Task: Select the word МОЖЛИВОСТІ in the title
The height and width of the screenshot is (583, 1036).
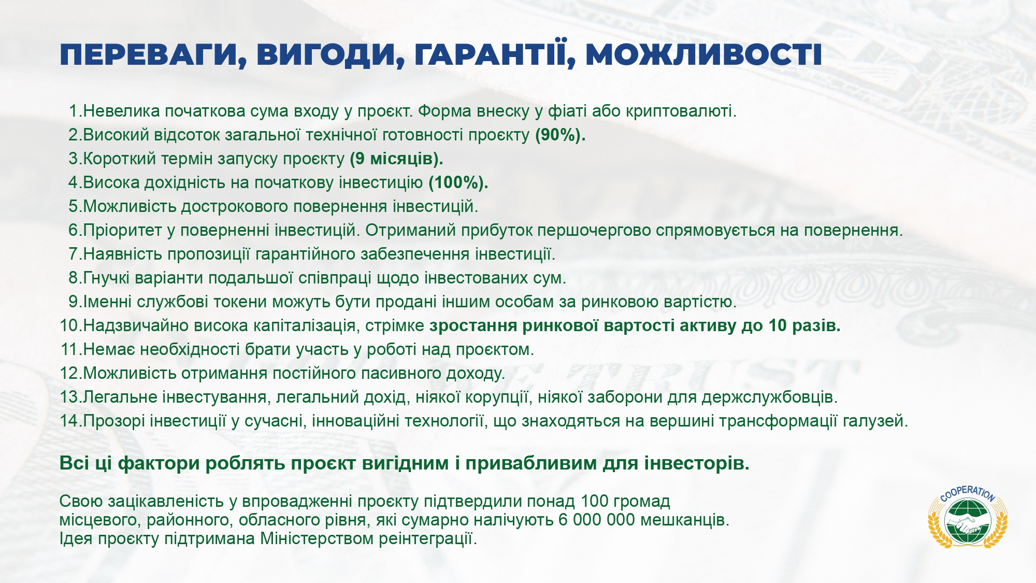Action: click(704, 55)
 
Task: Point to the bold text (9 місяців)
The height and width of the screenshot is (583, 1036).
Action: click(397, 159)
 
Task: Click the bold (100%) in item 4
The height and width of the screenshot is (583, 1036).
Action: click(458, 183)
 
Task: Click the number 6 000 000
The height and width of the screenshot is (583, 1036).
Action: click(596, 520)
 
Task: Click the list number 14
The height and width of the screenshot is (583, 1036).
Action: click(70, 421)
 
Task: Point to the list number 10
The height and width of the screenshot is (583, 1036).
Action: click(70, 325)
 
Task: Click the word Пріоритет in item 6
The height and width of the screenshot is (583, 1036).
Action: click(122, 231)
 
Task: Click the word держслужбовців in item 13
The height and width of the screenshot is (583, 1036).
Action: click(769, 397)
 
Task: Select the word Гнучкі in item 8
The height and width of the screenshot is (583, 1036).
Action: click(106, 278)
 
